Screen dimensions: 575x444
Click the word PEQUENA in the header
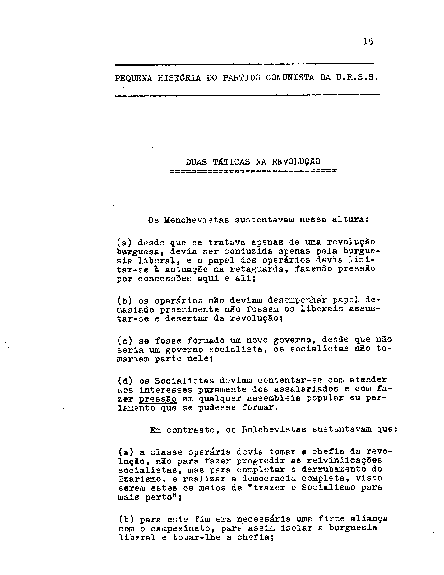pyautogui.click(x=133, y=78)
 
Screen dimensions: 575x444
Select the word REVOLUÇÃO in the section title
pyautogui.click(x=296, y=161)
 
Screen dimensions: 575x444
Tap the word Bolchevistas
pyautogui.click(x=274, y=430)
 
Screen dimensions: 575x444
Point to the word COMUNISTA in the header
pyautogui.click(x=290, y=78)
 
